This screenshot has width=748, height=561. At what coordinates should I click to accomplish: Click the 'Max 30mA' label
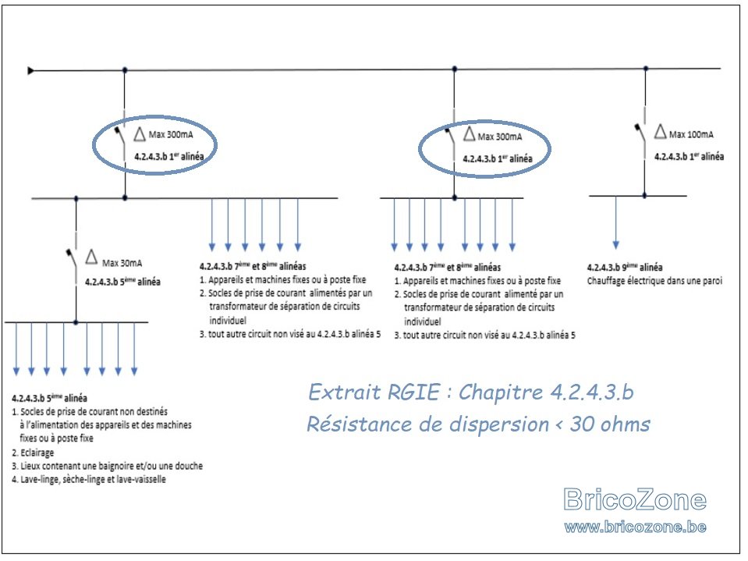(x=122, y=263)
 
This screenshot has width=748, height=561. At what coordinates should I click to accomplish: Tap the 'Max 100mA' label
(x=691, y=134)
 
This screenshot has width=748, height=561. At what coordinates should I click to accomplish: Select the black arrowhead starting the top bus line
(x=30, y=71)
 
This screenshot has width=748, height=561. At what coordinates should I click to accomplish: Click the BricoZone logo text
(x=635, y=499)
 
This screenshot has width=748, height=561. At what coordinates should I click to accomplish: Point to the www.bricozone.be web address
(x=636, y=527)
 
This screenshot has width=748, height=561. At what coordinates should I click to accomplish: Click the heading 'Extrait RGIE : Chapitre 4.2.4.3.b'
(x=471, y=392)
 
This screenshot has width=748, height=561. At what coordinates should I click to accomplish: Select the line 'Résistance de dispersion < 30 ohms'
(x=478, y=424)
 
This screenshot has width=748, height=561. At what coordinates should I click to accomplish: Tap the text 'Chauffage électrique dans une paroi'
(x=654, y=281)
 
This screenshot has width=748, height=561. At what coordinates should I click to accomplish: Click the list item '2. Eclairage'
(x=33, y=453)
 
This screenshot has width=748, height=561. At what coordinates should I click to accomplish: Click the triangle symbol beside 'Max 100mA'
(x=660, y=131)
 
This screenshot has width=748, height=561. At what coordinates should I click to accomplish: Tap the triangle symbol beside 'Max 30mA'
(x=91, y=257)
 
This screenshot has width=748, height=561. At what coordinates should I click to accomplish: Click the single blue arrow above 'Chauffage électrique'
(x=616, y=223)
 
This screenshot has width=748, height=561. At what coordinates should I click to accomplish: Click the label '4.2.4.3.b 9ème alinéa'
(x=625, y=267)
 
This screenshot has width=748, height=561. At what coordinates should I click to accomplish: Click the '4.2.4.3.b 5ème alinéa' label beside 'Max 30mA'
(x=122, y=282)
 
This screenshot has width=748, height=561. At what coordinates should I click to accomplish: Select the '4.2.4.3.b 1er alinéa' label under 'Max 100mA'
(x=689, y=156)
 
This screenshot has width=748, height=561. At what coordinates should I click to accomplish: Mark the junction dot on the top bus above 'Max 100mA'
(x=646, y=69)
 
